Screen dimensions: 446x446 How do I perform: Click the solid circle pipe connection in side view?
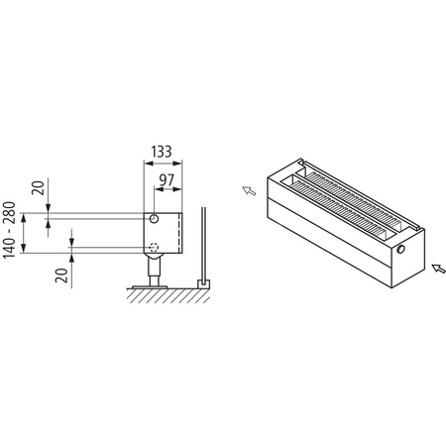pyautogui.click(x=155, y=218)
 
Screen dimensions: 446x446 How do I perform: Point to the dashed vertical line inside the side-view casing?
pyautogui.click(x=177, y=233)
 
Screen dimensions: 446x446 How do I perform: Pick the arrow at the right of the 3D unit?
pyautogui.click(x=436, y=266)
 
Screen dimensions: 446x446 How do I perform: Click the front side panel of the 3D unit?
pyautogui.click(x=327, y=244)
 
